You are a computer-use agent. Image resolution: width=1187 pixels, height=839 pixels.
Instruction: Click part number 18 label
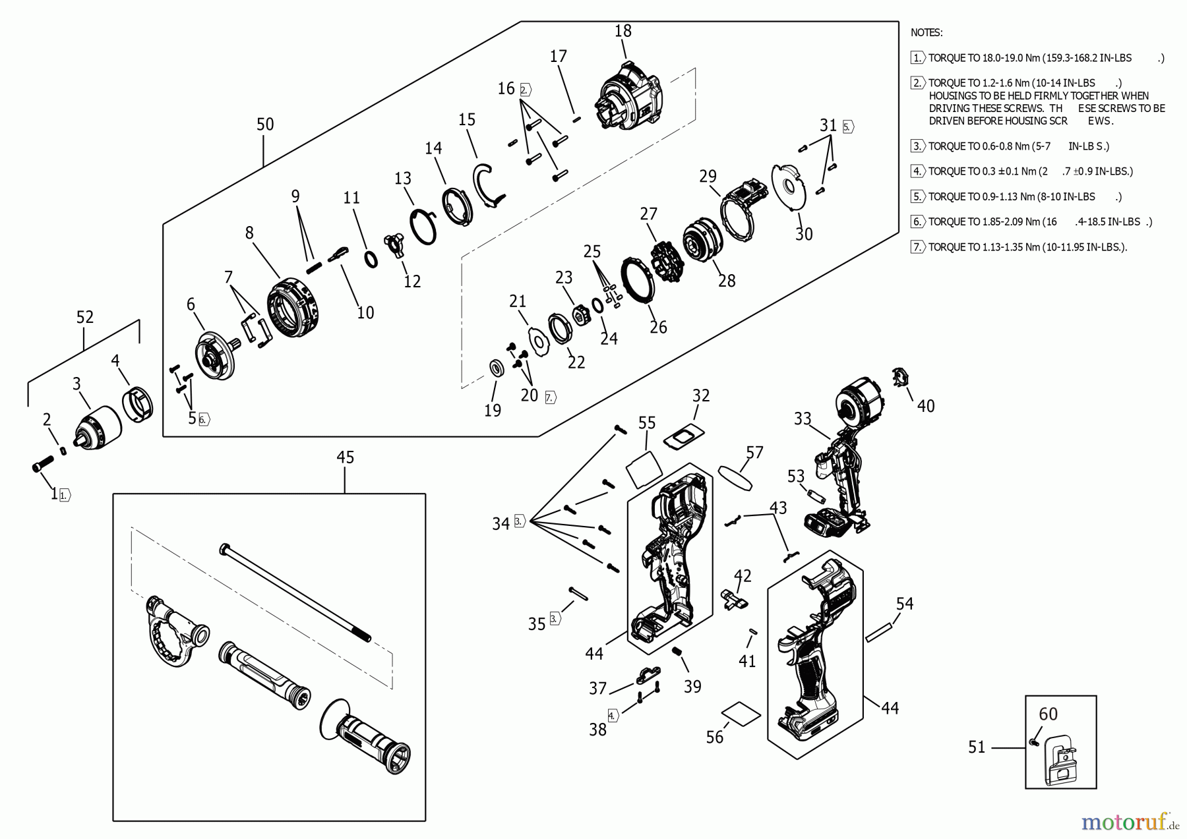(x=623, y=31)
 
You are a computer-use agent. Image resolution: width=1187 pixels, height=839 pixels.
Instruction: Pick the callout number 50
(x=265, y=125)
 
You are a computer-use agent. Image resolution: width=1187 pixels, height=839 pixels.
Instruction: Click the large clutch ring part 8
(x=295, y=308)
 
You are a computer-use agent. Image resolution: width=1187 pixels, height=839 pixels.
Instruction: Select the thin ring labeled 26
(x=638, y=281)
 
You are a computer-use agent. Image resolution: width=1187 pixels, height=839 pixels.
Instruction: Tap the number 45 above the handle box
(x=345, y=457)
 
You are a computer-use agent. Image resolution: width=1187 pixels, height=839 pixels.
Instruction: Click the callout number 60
(x=1048, y=714)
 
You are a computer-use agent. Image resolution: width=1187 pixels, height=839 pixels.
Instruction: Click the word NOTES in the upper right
(x=927, y=32)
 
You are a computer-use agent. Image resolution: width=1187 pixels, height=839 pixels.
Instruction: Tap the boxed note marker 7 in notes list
(x=917, y=247)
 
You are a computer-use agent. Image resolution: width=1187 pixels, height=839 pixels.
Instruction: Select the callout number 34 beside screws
(x=501, y=524)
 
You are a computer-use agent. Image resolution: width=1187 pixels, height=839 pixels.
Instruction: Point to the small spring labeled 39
(x=676, y=652)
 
